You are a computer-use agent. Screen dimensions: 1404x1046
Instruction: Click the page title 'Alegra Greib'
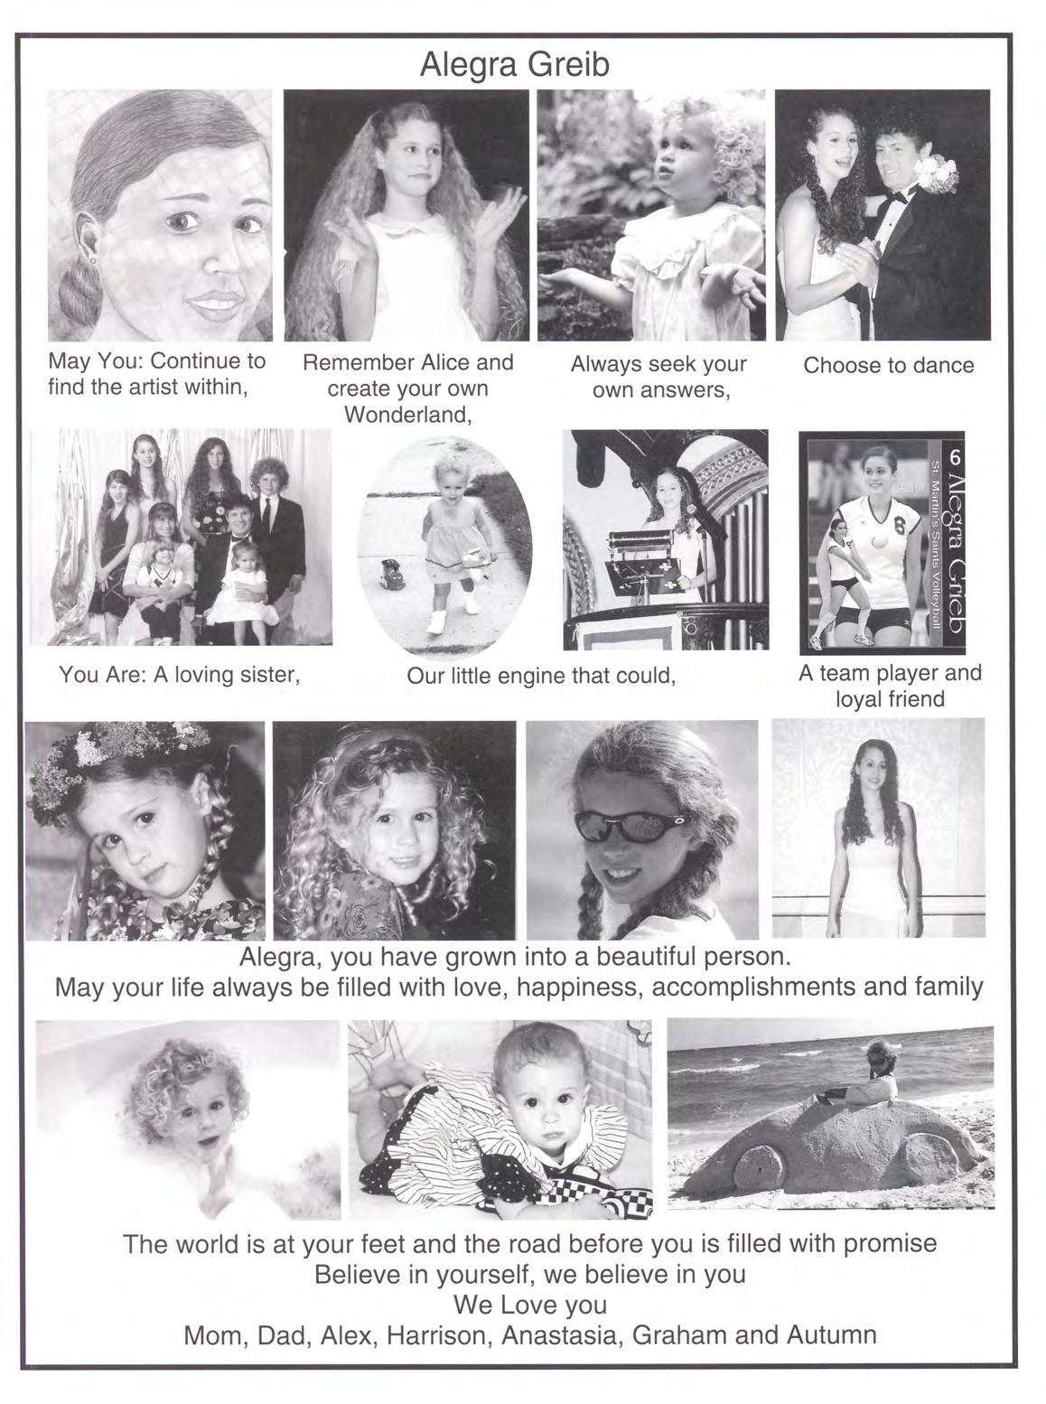pyautogui.click(x=515, y=65)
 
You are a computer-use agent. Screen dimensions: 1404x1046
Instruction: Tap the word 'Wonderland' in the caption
pyautogui.click(x=407, y=416)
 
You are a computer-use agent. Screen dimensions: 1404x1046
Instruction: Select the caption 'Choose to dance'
pyautogui.click(x=888, y=366)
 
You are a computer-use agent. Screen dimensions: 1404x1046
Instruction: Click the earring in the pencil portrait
pyautogui.click(x=92, y=259)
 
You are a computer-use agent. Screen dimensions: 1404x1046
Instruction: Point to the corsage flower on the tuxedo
pyautogui.click(x=939, y=173)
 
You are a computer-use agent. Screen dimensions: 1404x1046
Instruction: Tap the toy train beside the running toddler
pyautogui.click(x=389, y=575)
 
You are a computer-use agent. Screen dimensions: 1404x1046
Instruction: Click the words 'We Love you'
pyautogui.click(x=529, y=1305)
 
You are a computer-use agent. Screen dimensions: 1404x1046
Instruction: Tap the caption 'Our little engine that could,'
pyautogui.click(x=540, y=676)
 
